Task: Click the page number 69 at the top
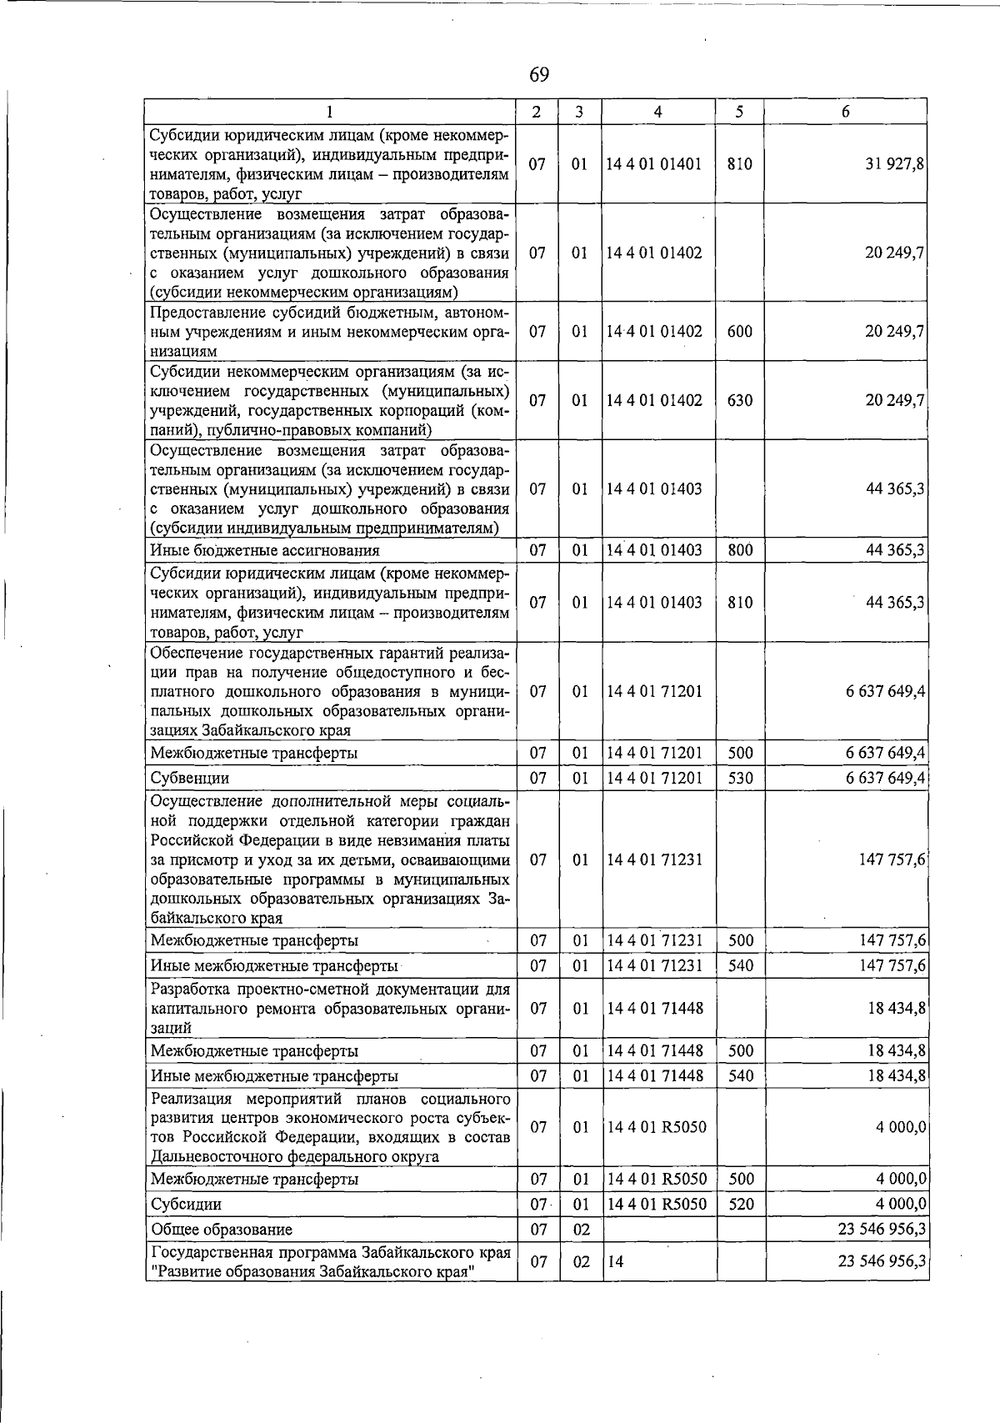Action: [x=539, y=75]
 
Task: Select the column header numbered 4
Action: [x=657, y=112]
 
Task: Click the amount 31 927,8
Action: [x=893, y=164]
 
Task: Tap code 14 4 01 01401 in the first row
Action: [x=654, y=164]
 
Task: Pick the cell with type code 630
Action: [x=739, y=400]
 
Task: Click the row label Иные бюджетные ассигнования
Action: [x=265, y=550]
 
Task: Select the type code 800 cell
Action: [x=739, y=550]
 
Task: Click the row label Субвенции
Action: [x=189, y=778]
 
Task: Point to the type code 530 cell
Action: [x=740, y=778]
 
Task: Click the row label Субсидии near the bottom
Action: [x=186, y=1205]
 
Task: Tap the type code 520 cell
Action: [x=740, y=1204]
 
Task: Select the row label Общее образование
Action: [x=221, y=1230]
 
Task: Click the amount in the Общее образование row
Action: [x=882, y=1229]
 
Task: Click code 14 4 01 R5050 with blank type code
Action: [x=657, y=1127]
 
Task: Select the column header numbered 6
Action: [x=845, y=112]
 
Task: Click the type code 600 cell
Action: [x=739, y=331]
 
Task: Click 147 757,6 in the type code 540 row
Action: [x=892, y=965]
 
